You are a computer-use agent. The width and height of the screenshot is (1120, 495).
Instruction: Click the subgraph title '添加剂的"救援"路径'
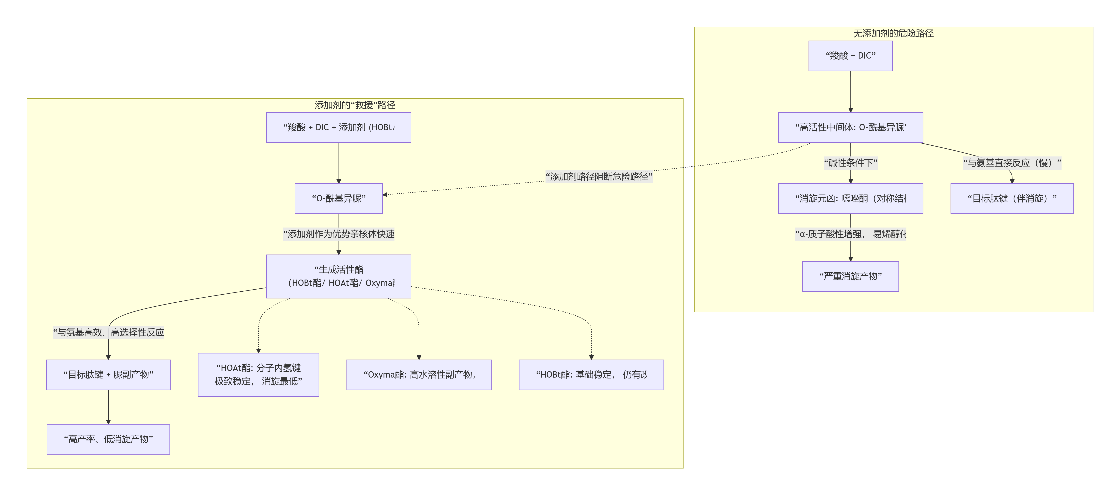(x=355, y=105)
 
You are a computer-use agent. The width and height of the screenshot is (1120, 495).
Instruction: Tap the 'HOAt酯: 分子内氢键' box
(x=258, y=375)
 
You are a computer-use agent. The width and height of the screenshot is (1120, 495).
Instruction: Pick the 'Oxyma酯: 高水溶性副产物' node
(x=419, y=375)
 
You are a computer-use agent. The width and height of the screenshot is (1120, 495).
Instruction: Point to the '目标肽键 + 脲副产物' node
(x=108, y=375)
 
